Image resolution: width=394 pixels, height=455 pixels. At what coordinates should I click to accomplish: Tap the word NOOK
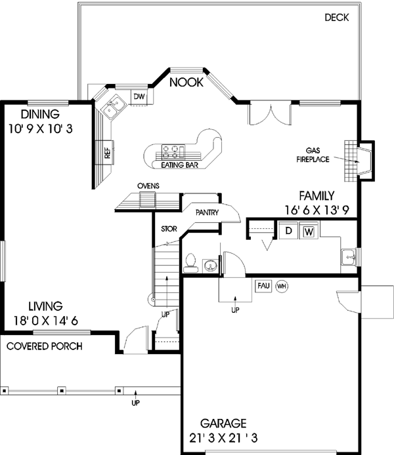click(x=186, y=83)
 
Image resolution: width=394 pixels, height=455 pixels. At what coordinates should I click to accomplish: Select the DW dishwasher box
click(x=139, y=97)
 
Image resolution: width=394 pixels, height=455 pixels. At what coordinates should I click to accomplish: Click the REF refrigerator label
click(x=106, y=153)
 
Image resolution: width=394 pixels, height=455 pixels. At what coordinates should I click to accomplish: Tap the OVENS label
click(x=148, y=186)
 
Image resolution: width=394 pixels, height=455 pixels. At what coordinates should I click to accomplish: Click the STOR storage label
click(x=169, y=229)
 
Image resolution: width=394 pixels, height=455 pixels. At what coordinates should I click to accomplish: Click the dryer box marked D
click(x=287, y=231)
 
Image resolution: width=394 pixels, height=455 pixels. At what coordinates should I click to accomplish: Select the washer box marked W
click(x=309, y=231)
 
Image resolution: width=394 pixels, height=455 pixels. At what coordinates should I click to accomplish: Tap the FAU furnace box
click(x=263, y=287)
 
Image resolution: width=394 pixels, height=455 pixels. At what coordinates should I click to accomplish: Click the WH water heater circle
click(x=282, y=287)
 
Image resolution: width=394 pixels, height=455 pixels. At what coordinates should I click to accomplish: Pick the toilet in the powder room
click(x=190, y=262)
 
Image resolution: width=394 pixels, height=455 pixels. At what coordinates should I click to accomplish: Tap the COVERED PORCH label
click(x=45, y=346)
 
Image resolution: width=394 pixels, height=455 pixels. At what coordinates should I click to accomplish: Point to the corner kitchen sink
click(x=109, y=106)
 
